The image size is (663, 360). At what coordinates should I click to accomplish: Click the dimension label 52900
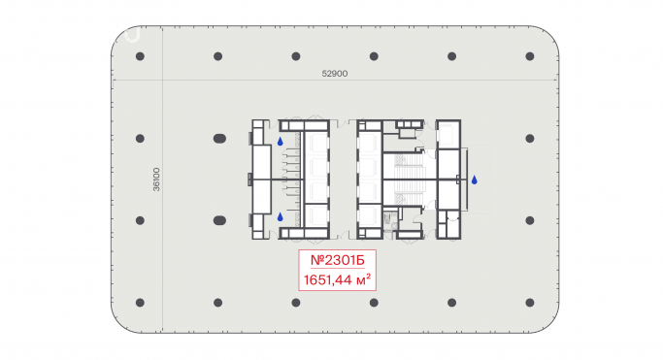[x=335, y=74]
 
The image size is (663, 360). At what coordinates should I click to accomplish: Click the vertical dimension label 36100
[x=156, y=180]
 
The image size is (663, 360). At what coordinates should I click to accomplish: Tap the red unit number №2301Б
[x=338, y=260]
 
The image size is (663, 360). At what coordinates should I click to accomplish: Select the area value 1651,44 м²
[x=338, y=279]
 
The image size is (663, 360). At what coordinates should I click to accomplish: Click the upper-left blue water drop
[x=280, y=142]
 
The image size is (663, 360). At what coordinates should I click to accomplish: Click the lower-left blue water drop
[x=280, y=217]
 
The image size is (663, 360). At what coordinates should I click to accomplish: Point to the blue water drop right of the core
[x=475, y=180]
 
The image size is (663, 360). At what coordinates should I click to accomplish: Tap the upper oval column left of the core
[x=219, y=138]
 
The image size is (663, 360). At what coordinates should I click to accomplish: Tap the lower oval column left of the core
[x=219, y=220]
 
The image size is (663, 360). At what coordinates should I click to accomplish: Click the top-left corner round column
[x=140, y=56]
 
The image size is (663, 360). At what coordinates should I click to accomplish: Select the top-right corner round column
[x=530, y=56]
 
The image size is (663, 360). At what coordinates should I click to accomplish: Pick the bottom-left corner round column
[x=140, y=303]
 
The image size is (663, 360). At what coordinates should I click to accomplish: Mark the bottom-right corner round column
[x=530, y=303]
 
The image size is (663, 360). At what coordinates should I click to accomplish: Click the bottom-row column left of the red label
[x=296, y=303]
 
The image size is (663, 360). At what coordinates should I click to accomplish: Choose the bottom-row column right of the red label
[x=374, y=303]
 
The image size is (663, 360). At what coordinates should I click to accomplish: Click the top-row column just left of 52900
[x=296, y=56]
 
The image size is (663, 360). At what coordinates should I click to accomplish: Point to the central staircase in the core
[x=409, y=180]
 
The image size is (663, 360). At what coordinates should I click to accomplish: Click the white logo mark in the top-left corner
[x=133, y=36]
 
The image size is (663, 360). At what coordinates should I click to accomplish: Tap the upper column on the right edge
[x=530, y=138]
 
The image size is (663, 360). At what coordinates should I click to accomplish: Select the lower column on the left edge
[x=140, y=220]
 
